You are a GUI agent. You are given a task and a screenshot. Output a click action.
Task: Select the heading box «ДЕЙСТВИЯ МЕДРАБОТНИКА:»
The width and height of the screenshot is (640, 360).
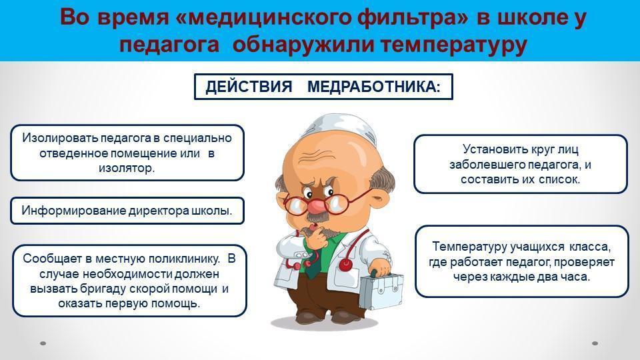(323, 87)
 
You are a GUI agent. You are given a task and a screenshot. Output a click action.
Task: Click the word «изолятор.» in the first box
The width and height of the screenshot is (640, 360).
(127, 168)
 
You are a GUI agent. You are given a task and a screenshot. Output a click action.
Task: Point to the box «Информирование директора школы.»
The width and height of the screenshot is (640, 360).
(127, 211)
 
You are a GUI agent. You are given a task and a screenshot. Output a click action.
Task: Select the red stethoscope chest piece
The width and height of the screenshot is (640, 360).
(346, 265)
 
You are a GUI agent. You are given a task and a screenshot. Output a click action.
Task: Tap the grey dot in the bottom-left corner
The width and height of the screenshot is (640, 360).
(43, 343)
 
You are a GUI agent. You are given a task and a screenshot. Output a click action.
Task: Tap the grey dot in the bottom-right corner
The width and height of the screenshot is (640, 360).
(595, 343)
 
